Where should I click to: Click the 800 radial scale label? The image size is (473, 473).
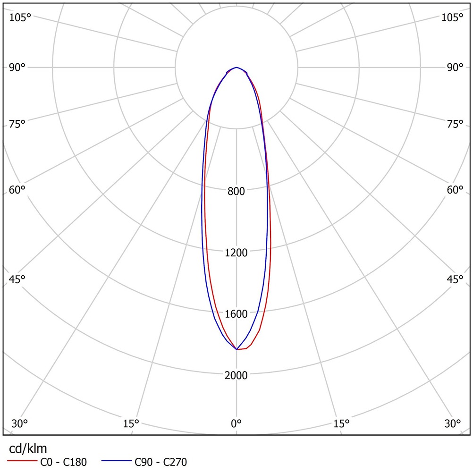[236, 191]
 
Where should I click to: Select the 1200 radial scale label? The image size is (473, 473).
[236, 253]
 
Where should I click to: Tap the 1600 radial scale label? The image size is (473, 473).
[236, 314]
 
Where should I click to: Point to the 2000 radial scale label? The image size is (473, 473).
[236, 375]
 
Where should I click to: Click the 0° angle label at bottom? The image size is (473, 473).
[236, 423]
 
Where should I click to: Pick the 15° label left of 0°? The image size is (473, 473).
[131, 423]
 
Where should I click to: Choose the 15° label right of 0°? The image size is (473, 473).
[341, 423]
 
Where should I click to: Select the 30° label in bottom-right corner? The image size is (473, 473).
[454, 423]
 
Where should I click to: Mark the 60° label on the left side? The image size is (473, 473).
[17, 190]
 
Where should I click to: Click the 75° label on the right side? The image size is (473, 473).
[455, 124]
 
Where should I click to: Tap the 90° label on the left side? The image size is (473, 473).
[17, 67]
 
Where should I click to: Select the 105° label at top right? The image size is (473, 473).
[452, 17]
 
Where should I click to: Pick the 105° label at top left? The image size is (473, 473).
[20, 17]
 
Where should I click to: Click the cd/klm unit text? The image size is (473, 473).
[28, 448]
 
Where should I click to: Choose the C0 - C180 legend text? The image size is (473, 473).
[63, 462]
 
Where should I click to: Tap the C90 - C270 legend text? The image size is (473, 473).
[161, 462]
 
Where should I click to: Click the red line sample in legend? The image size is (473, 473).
[22, 460]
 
